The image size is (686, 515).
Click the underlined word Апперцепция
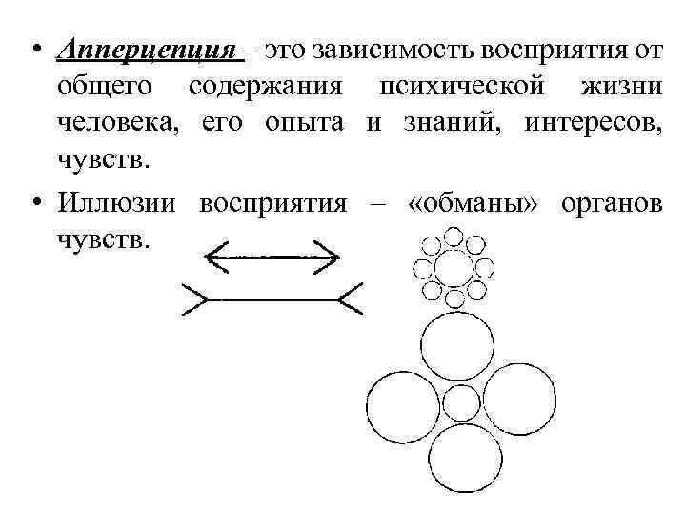[x=144, y=51]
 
